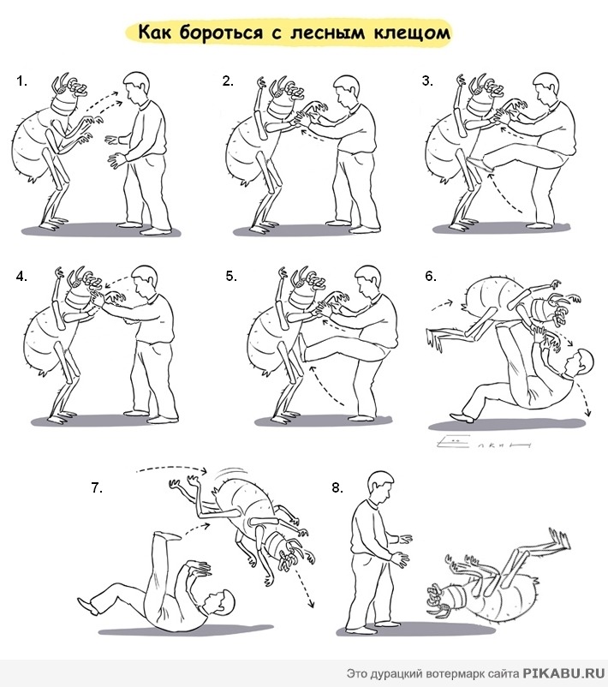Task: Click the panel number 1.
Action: click(21, 81)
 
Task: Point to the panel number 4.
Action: click(21, 277)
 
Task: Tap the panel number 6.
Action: click(431, 276)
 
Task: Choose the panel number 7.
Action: click(97, 487)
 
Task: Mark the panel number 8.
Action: click(337, 487)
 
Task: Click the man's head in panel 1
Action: click(135, 87)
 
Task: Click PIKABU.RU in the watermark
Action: click(563, 673)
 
